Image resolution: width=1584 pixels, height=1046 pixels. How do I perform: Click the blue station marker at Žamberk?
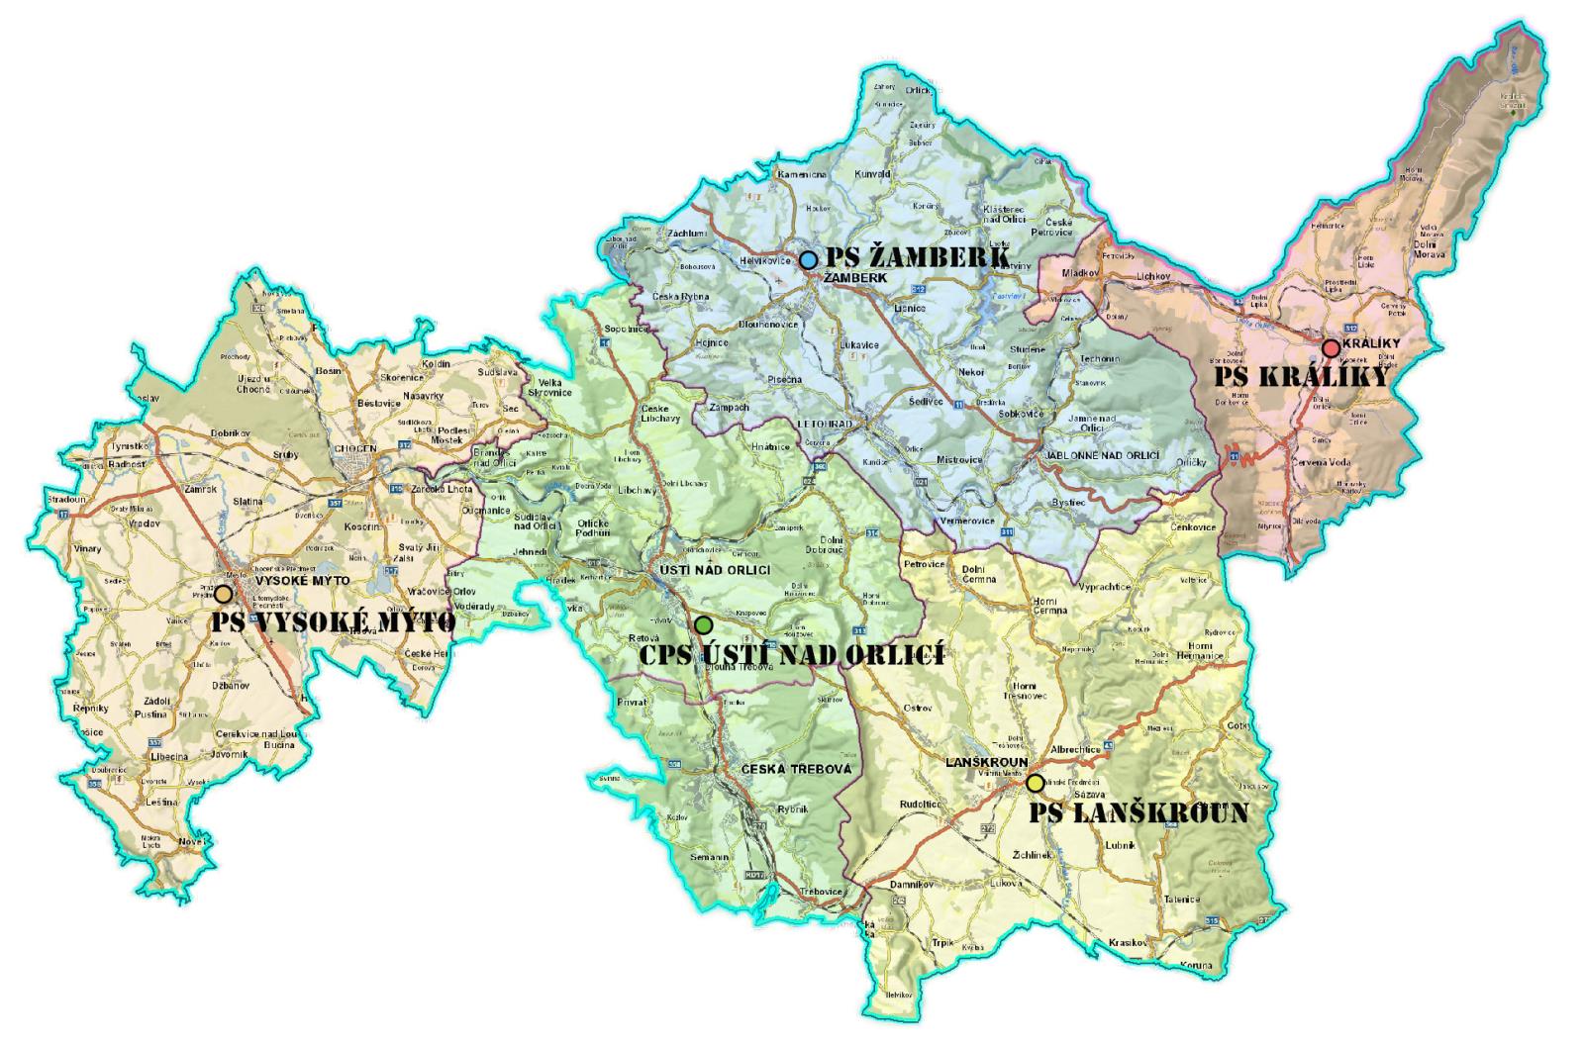tap(808, 260)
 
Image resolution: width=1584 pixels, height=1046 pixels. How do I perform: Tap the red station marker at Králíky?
tap(1331, 347)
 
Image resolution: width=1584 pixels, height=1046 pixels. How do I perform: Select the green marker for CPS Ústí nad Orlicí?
tap(703, 625)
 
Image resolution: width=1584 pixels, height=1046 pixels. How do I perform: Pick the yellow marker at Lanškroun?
tap(1035, 783)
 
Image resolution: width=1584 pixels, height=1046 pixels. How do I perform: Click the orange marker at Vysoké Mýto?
tap(224, 594)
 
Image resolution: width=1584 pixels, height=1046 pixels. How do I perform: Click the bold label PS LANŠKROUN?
tap(1138, 813)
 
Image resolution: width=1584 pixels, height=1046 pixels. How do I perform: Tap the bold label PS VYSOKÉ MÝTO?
tap(334, 621)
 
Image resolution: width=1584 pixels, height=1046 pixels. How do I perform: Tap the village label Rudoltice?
tap(920, 805)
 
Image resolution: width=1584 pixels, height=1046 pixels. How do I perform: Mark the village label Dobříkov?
tap(230, 433)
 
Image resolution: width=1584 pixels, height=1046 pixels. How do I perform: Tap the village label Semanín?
tap(710, 857)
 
